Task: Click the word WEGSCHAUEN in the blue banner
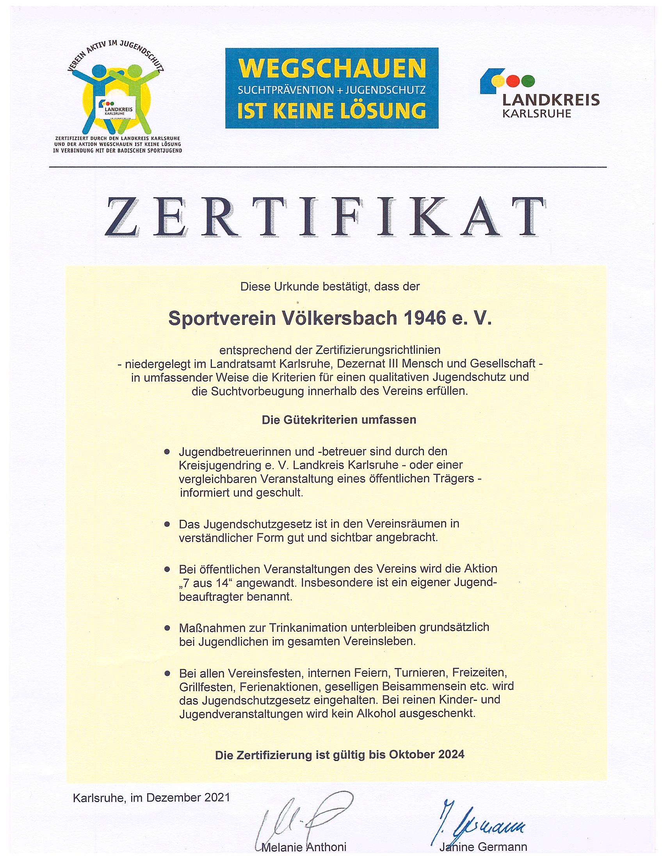pos(332,68)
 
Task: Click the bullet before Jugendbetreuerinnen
pos(167,452)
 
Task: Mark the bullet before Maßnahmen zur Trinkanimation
pos(167,628)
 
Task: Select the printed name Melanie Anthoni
pos(304,847)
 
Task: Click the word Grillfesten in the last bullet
pos(207,687)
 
